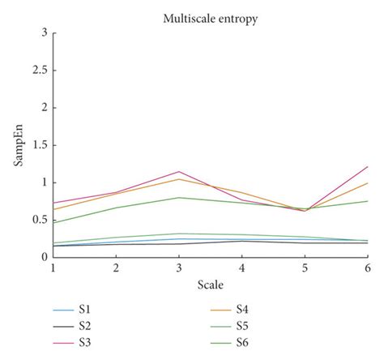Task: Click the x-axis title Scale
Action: pos(211,285)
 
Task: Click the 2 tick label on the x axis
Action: pos(116,268)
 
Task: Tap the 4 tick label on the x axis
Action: pos(241,268)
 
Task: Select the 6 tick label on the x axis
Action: pos(367,268)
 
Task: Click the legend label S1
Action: pos(85,308)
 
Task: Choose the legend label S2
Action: pos(85,325)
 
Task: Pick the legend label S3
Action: pos(85,342)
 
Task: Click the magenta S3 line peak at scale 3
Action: pos(178,171)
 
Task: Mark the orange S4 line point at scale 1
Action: pos(53,209)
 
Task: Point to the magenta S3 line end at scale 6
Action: pos(366,167)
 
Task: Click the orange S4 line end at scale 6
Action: pos(366,183)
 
